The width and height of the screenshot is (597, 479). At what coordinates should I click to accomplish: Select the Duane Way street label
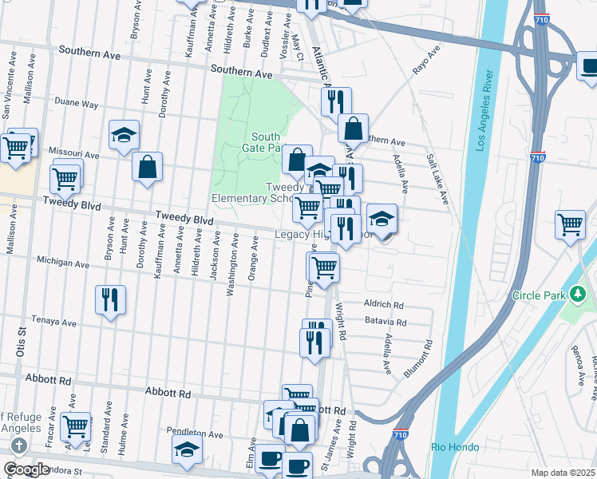tap(77, 104)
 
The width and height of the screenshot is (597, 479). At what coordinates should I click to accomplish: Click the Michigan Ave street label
tap(63, 262)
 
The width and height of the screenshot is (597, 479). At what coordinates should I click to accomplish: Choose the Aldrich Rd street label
tap(384, 305)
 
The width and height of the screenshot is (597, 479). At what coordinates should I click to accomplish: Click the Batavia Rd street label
tap(385, 323)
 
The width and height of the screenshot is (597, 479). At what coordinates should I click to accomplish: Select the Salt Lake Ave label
tap(437, 179)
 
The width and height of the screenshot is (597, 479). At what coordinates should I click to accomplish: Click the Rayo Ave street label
tap(426, 61)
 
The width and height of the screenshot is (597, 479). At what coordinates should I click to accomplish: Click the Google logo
tap(26, 469)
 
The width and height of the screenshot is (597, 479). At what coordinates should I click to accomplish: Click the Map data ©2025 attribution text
tap(563, 473)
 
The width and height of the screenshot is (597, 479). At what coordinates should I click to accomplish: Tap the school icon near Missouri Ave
tap(125, 135)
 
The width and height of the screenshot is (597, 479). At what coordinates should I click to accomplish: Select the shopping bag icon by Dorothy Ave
tap(148, 168)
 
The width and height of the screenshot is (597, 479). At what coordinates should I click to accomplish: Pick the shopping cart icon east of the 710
tap(570, 224)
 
